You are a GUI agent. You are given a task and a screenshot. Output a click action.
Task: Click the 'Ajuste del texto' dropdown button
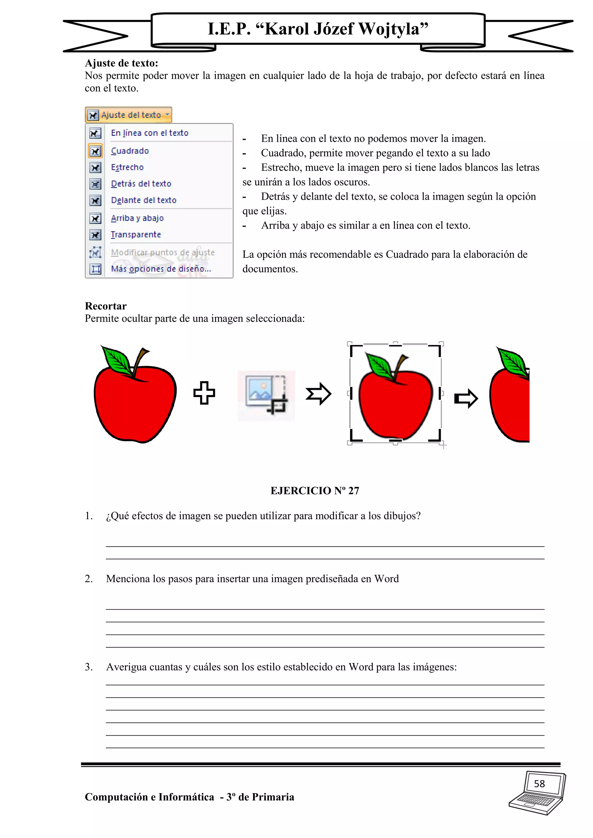point(129,115)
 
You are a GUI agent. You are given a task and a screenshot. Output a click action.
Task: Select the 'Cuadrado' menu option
point(130,151)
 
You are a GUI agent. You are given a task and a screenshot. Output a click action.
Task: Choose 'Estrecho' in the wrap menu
point(127,167)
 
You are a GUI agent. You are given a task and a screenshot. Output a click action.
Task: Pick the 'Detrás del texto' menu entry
point(141,183)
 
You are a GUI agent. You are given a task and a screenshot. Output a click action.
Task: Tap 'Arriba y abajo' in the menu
point(137,218)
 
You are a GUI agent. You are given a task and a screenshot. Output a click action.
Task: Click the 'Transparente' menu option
point(136,234)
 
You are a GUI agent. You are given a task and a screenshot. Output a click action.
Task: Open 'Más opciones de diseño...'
point(161,269)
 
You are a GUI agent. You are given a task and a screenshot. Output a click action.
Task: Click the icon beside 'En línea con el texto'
point(95,133)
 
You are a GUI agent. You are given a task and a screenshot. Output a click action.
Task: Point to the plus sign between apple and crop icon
point(204,393)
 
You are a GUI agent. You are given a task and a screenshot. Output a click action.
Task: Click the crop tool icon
point(266,396)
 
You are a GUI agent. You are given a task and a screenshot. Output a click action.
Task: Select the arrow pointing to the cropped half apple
point(466,398)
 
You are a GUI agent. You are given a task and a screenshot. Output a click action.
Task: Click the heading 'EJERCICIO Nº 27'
point(315,490)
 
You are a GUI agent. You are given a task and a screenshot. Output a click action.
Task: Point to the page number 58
point(539,784)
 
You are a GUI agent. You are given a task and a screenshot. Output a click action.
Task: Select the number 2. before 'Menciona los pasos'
point(89,579)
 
